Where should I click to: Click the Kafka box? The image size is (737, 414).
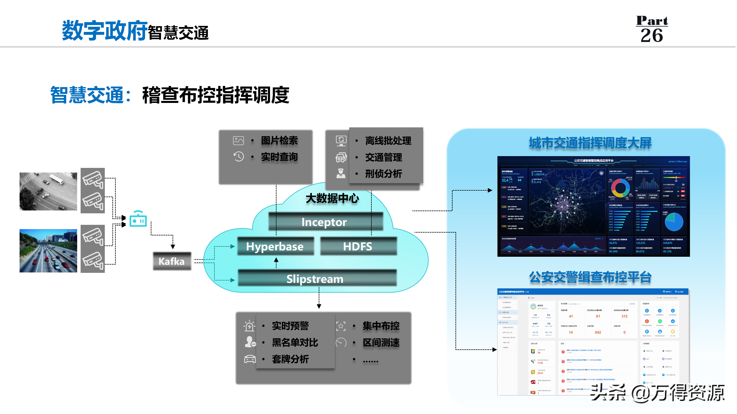172,261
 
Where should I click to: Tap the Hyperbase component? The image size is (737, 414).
275,246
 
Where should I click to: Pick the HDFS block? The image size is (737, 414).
358,246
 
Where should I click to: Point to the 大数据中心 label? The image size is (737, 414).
332,198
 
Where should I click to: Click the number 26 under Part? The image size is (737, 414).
652,36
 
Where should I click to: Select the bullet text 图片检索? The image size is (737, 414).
279,141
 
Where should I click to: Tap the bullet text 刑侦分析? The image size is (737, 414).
383,174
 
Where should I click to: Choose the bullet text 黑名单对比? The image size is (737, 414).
295,342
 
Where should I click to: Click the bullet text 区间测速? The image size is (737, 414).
381,342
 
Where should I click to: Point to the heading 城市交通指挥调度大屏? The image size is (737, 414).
590,143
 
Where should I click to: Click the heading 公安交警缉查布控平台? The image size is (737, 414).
590,277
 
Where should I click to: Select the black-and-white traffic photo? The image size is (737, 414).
48,191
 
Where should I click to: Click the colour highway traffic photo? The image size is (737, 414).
48,251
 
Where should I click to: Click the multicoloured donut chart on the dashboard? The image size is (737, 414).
620,188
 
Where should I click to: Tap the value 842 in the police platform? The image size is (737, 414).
598,332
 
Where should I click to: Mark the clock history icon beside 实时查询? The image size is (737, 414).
239,157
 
